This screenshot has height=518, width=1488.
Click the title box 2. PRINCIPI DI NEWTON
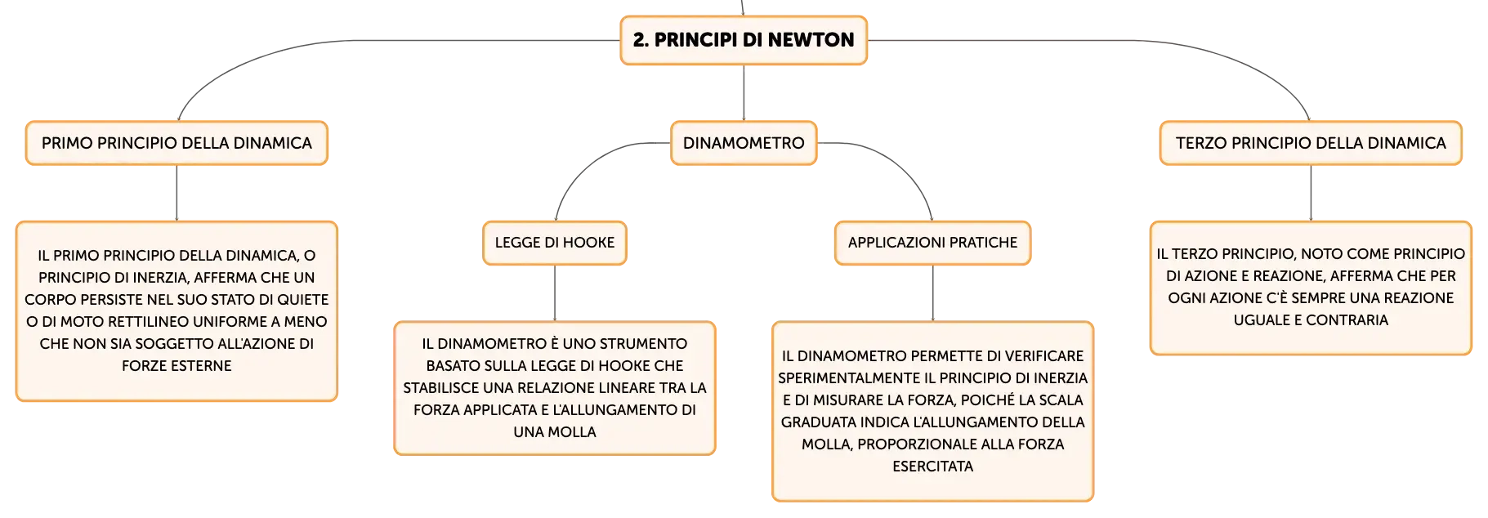click(744, 40)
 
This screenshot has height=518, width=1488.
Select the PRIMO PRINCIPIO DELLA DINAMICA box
click(177, 143)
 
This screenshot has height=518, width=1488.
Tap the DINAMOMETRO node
click(744, 143)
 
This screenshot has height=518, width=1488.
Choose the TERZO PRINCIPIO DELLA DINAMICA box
click(1311, 143)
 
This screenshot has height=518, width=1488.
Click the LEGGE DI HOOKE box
click(555, 243)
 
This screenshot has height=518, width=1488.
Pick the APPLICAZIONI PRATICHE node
click(932, 243)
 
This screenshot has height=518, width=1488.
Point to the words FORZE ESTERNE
click(177, 366)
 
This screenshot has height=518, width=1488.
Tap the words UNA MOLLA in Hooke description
click(555, 432)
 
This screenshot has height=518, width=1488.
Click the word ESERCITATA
click(932, 467)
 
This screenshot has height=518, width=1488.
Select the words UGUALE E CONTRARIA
click(1311, 320)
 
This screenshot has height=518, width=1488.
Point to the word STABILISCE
click(441, 388)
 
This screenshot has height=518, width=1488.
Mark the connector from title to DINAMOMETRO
click(744, 92)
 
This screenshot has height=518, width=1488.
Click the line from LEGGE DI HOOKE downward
click(555, 292)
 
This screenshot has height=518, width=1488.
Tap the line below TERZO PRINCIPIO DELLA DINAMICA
click(1311, 193)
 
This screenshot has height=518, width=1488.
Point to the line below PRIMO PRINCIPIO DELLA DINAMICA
click(177, 193)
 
